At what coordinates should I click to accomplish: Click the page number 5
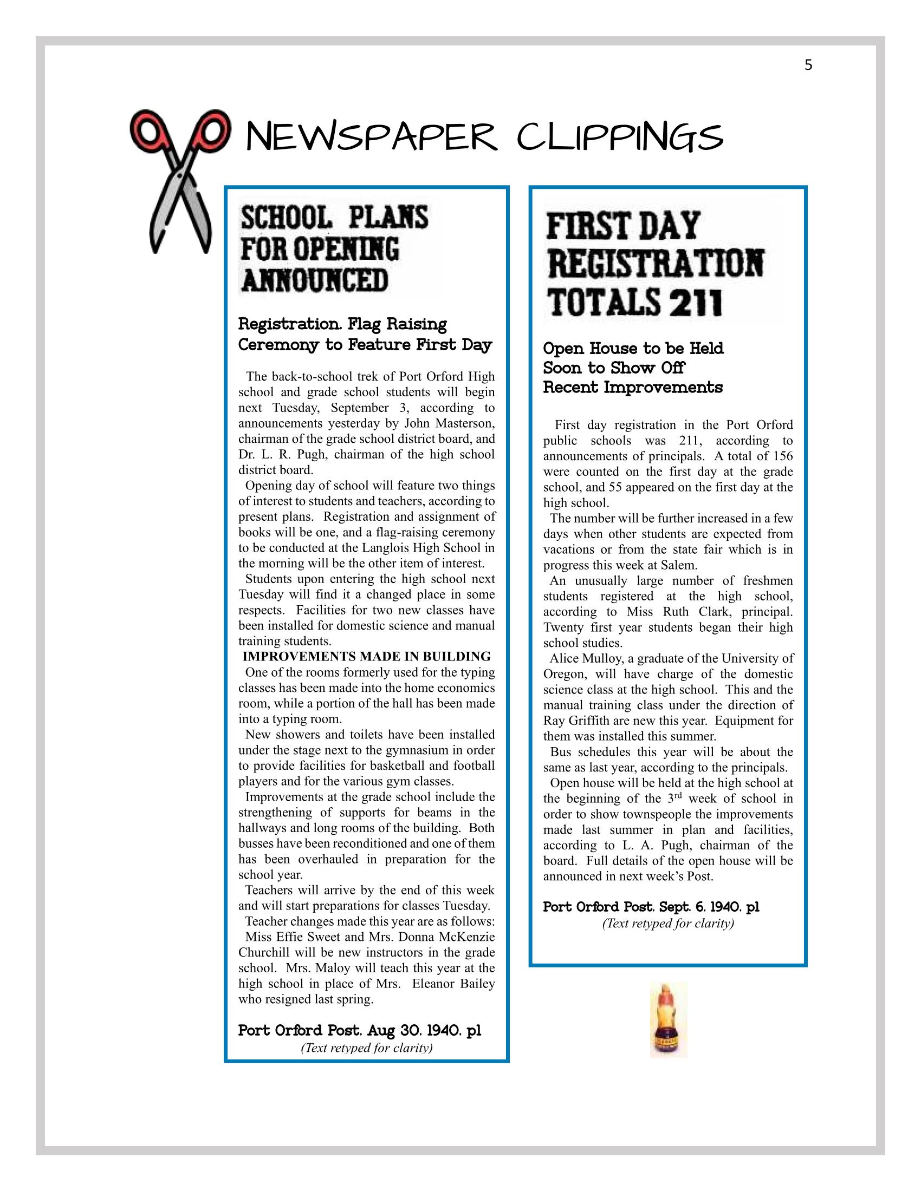tap(808, 66)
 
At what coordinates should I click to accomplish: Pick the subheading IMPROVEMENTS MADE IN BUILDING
tap(366, 656)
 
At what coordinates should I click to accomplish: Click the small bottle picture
tap(669, 1019)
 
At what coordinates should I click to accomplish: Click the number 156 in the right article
tap(782, 456)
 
